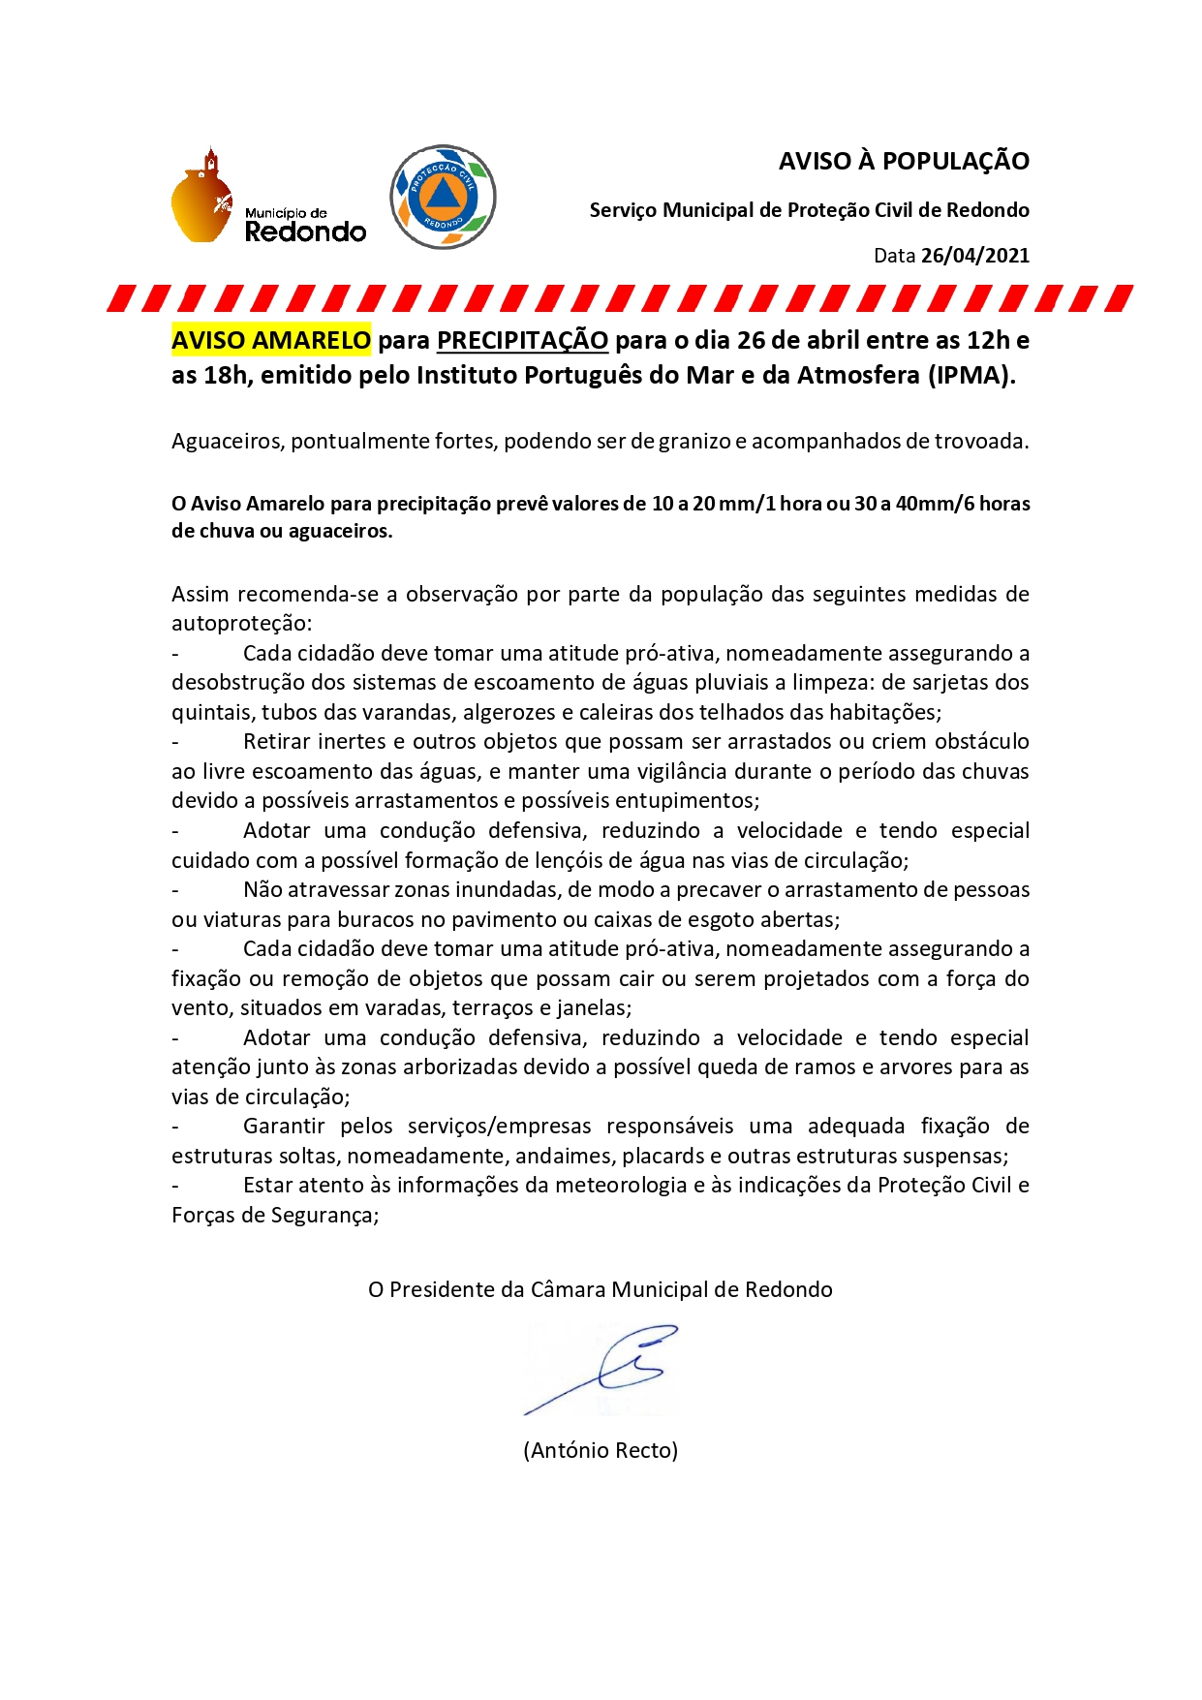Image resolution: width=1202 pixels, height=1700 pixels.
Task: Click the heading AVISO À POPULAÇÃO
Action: click(x=904, y=161)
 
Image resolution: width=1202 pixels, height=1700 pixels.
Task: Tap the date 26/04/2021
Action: click(x=974, y=256)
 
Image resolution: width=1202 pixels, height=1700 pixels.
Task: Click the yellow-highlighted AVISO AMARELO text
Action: click(x=271, y=340)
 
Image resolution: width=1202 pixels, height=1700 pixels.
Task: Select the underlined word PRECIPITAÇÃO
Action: click(x=522, y=340)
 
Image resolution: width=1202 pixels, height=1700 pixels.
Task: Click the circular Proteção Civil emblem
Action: click(x=443, y=197)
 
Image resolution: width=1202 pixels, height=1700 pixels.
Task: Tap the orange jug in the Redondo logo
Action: click(x=202, y=198)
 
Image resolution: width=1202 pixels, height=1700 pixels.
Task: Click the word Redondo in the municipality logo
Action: click(x=305, y=232)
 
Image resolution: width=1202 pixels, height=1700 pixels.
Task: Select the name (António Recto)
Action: click(x=601, y=1450)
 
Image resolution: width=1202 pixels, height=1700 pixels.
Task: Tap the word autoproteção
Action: click(x=242, y=623)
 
